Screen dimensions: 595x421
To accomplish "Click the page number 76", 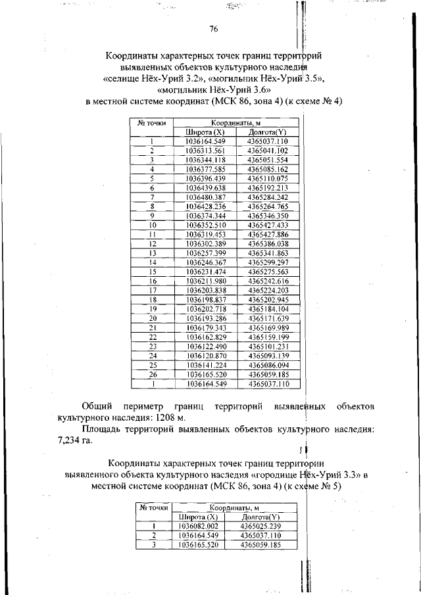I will [x=213, y=29].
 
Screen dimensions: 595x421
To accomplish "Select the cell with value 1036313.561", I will [x=205, y=151].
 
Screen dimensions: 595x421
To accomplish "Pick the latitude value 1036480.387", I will [x=205, y=197].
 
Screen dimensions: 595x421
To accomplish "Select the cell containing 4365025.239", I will [x=261, y=527].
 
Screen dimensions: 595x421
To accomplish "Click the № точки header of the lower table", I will [x=153, y=508].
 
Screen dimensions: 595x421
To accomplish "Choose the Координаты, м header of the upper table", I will [x=237, y=123].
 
